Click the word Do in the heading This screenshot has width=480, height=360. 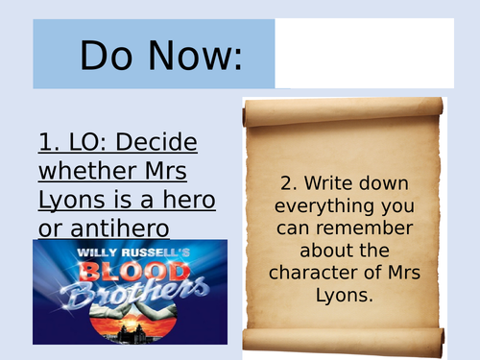106,56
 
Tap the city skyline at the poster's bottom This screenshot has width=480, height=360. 130,331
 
